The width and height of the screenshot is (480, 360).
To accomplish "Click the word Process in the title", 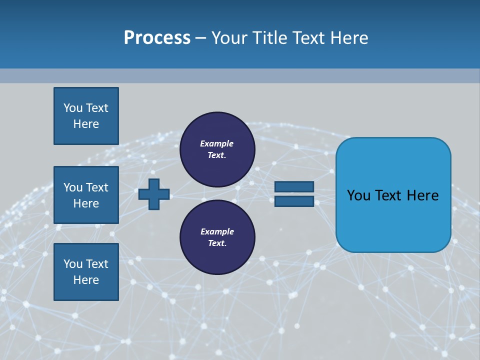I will point(157,38).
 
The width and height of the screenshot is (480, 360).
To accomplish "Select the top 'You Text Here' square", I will point(86,116).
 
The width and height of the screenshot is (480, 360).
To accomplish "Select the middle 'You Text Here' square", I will point(86,195).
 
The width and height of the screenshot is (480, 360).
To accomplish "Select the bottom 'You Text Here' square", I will point(86,271).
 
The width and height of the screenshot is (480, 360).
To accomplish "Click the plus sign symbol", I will point(154,194).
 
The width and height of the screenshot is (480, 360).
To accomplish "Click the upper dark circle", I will point(217,149).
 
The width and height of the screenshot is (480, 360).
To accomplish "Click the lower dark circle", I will point(217,237).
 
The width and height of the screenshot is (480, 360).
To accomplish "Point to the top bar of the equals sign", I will point(294,187).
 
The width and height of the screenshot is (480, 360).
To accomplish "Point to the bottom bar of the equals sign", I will point(294,201).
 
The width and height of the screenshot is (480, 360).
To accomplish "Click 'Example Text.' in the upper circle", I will point(217,149).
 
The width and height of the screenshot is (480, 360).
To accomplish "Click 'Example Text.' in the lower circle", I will point(217,237).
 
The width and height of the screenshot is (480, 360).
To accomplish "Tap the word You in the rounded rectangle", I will point(359,195).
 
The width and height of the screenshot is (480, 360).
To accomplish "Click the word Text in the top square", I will point(97,108).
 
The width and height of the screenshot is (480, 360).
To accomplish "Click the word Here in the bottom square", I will point(86,280).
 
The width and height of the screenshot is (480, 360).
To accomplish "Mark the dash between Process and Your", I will point(200,38).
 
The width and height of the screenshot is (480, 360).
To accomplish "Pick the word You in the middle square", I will point(73,187).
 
